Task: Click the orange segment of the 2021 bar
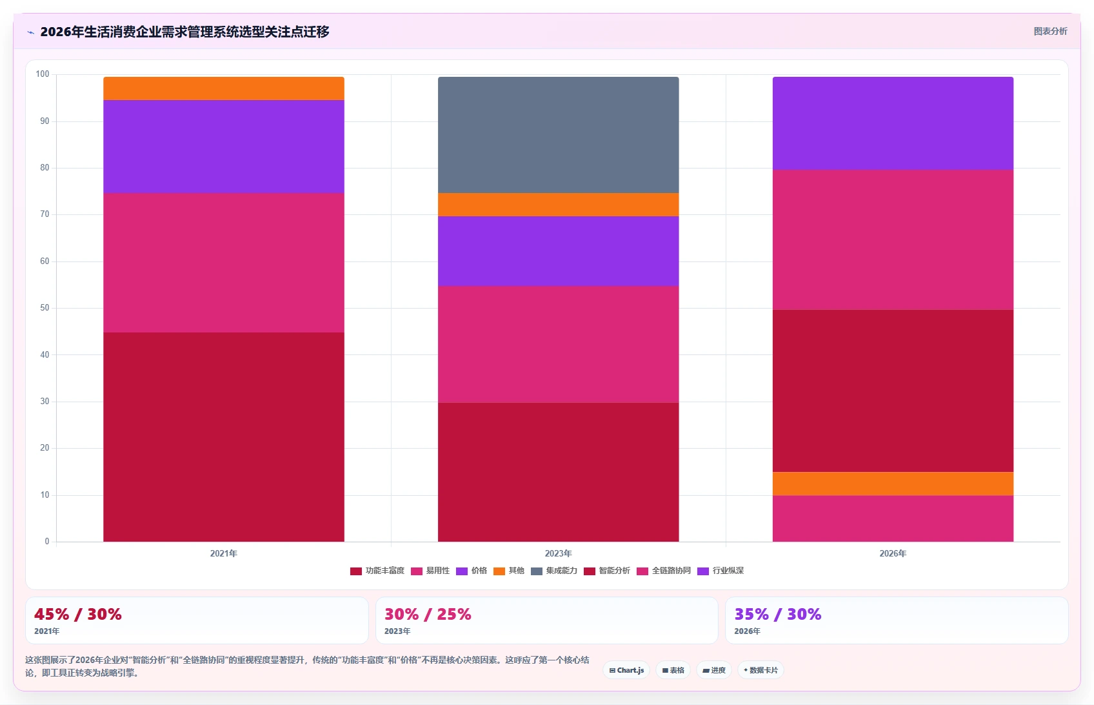(x=224, y=88)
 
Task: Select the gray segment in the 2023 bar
(x=558, y=135)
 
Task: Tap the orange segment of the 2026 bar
(x=893, y=484)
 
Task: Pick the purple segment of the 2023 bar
(x=558, y=251)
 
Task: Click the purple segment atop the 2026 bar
(x=893, y=123)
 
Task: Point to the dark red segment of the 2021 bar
(x=224, y=437)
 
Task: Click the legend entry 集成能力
(x=554, y=571)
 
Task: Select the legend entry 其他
(x=509, y=571)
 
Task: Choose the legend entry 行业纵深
(x=721, y=571)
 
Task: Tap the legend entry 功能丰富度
(x=377, y=571)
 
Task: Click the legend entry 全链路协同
(x=664, y=571)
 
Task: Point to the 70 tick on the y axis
(x=45, y=214)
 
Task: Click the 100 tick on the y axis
(x=43, y=74)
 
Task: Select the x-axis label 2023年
(x=558, y=553)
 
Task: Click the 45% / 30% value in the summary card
(x=78, y=614)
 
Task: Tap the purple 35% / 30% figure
(x=778, y=614)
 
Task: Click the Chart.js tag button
(x=626, y=670)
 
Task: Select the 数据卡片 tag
(x=761, y=670)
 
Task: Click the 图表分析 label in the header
(x=1051, y=31)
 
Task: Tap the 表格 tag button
(x=673, y=670)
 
